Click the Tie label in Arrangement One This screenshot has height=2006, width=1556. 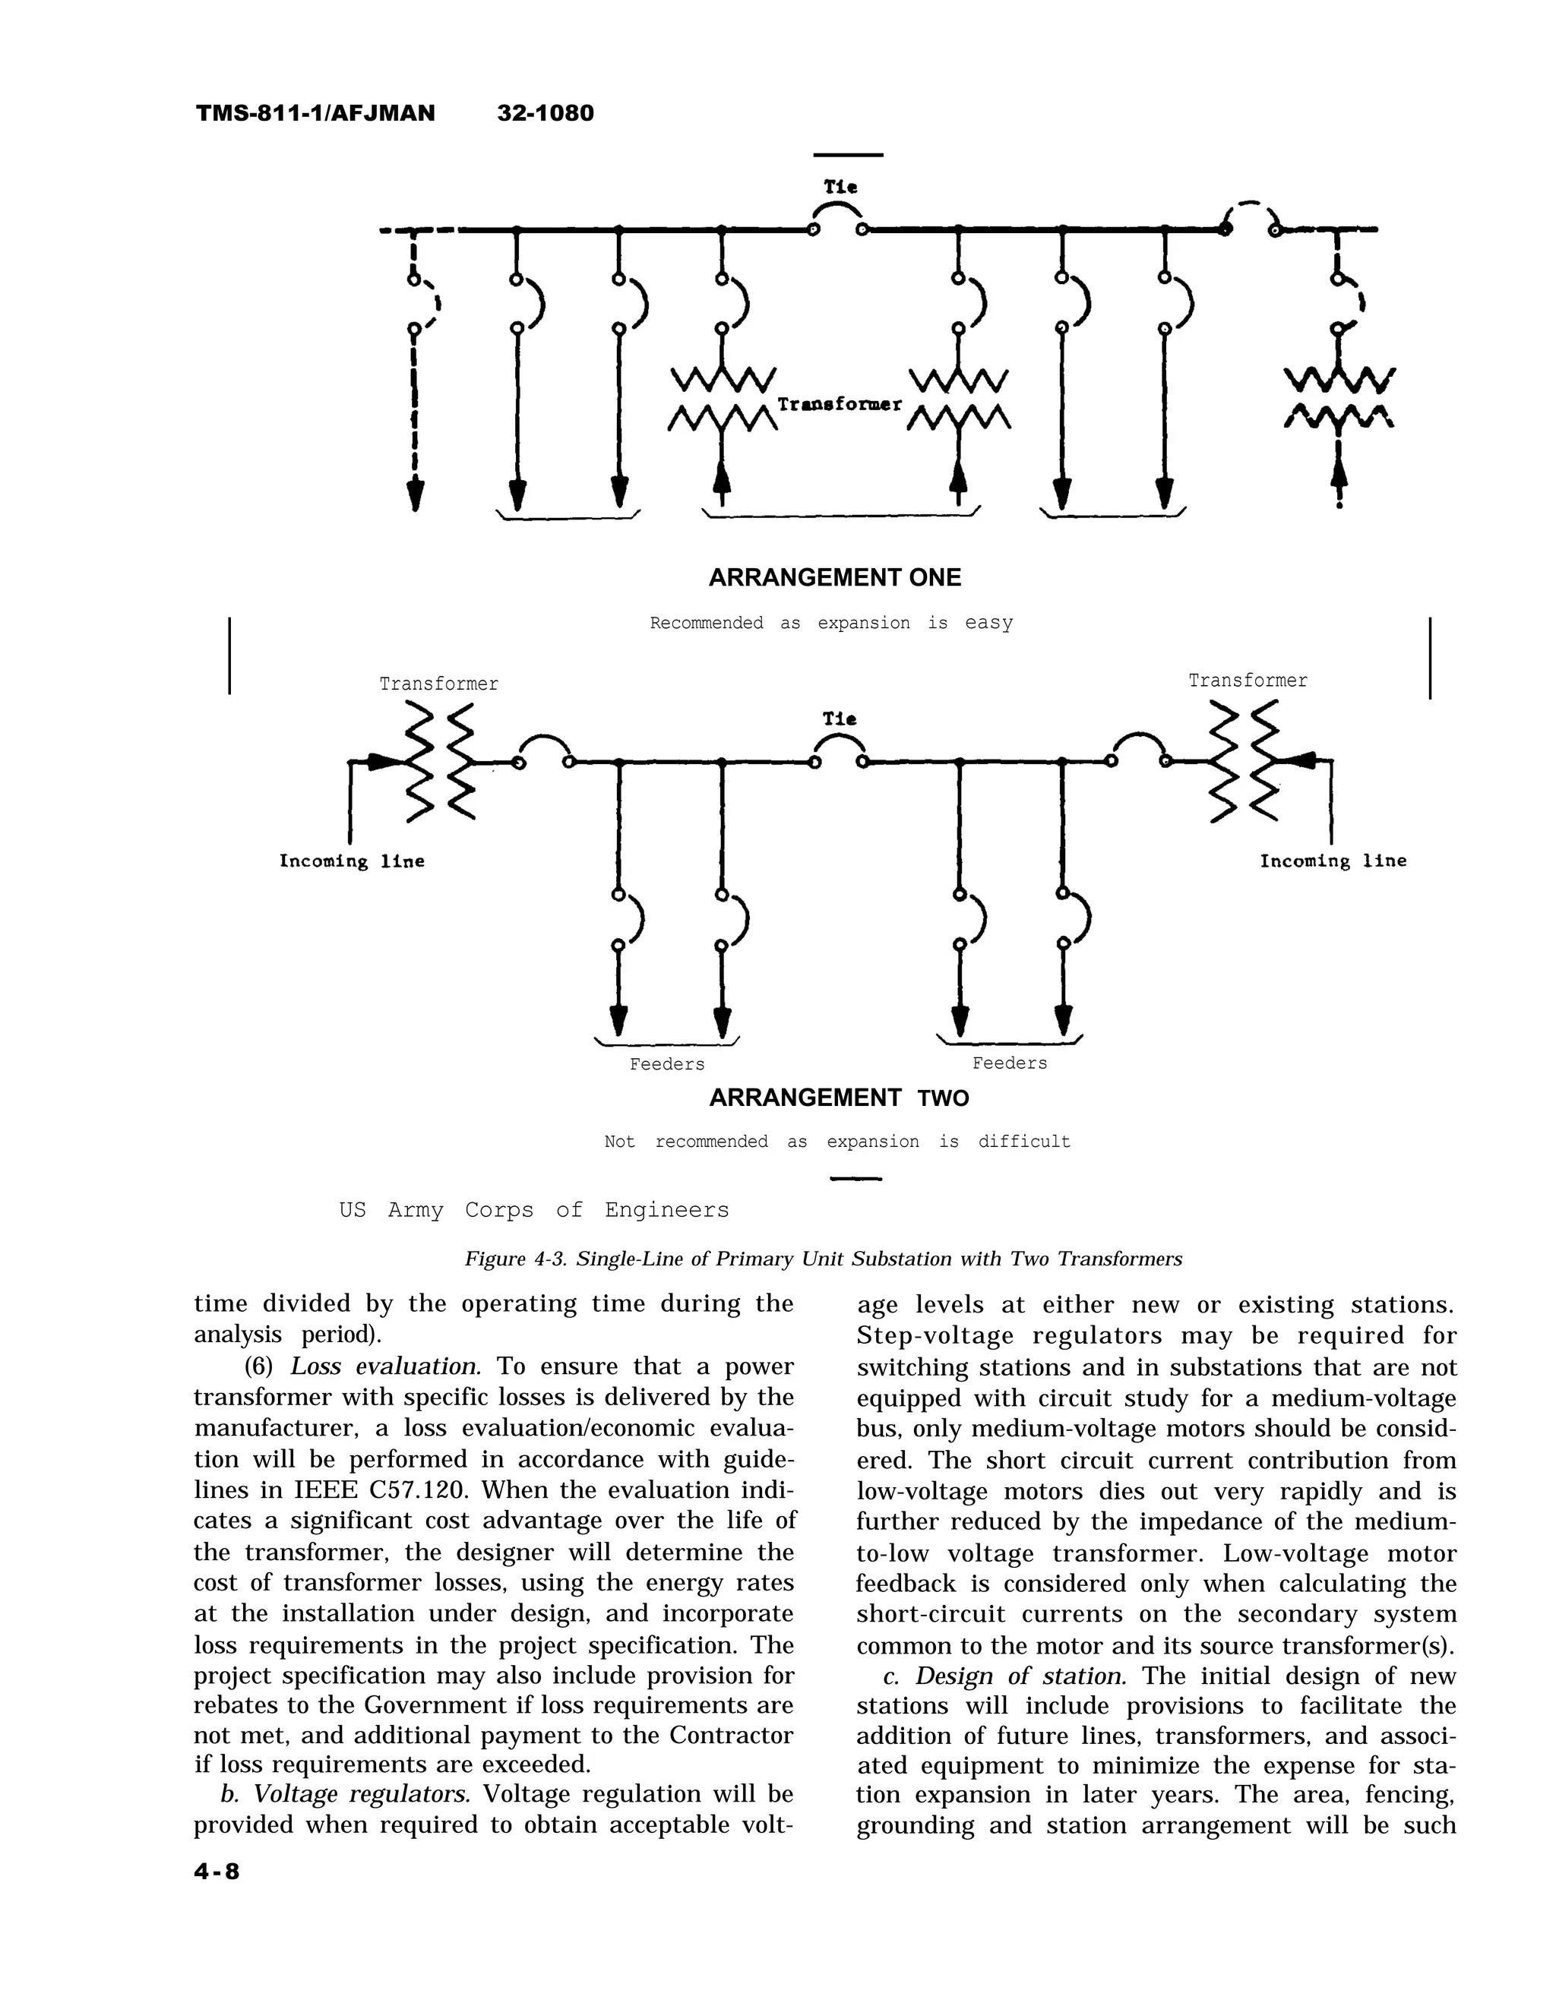[840, 186]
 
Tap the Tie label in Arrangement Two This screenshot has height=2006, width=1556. [840, 719]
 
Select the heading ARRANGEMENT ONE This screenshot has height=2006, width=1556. [834, 578]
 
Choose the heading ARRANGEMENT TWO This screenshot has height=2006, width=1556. [839, 1098]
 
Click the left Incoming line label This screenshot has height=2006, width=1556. [352, 861]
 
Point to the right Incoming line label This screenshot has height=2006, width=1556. [1332, 861]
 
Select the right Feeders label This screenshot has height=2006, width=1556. [1010, 1063]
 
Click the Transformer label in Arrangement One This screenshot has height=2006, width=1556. [840, 404]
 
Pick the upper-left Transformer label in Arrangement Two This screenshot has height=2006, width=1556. [439, 684]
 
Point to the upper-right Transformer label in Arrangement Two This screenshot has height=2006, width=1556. [1248, 681]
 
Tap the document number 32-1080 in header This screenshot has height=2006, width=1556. [546, 113]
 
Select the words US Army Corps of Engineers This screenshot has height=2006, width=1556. [533, 1210]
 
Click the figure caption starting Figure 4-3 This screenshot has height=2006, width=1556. [823, 1259]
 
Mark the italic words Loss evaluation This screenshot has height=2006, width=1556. [386, 1366]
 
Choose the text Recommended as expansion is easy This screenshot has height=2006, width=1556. [831, 623]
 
